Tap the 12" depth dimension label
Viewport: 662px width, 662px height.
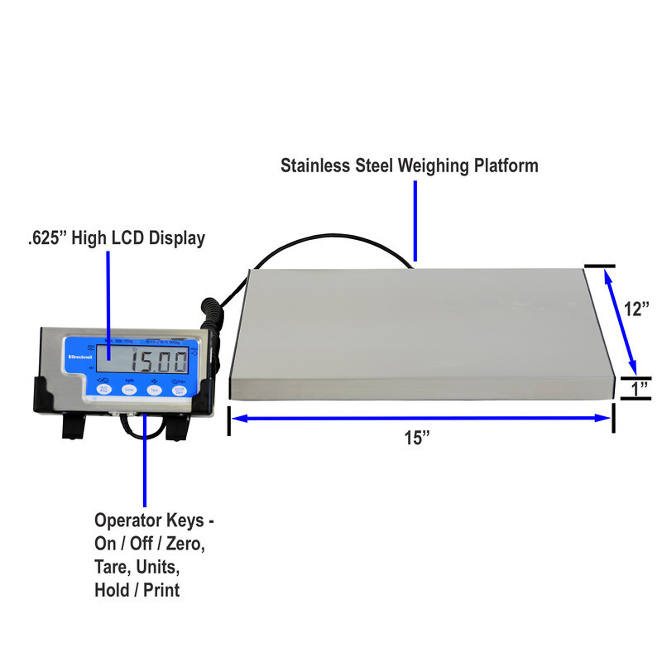click(636, 309)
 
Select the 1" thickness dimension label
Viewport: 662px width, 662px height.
click(639, 389)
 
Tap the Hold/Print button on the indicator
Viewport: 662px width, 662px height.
click(104, 389)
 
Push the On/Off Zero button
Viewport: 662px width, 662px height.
click(179, 390)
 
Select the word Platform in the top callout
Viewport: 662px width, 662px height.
click(506, 166)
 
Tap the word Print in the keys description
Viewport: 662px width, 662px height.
click(162, 591)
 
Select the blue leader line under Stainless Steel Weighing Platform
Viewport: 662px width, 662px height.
click(415, 221)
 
